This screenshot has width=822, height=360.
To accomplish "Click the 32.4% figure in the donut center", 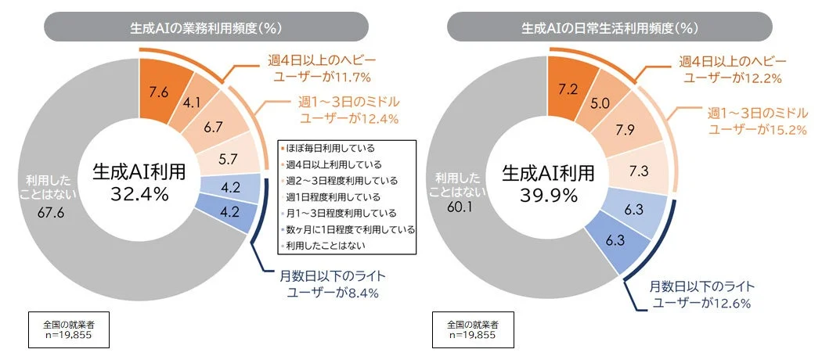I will tap(139, 194).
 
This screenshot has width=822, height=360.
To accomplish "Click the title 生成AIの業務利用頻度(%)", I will tap(205, 27).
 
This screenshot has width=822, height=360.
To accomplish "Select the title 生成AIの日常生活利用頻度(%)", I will tap(610, 27).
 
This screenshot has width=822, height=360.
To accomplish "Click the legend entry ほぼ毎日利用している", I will tap(333, 148).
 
